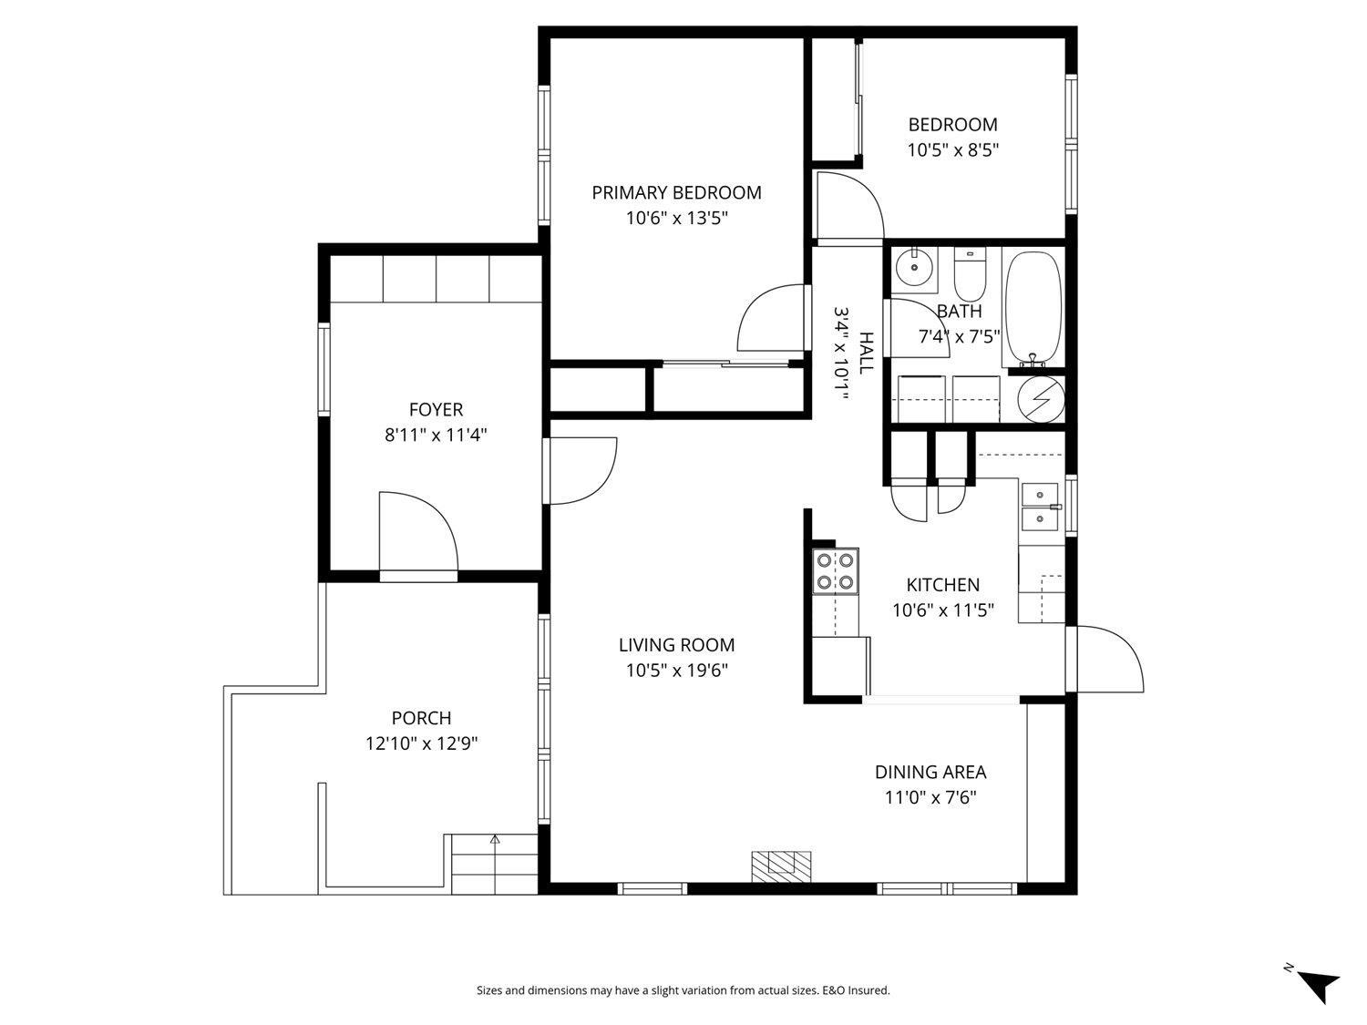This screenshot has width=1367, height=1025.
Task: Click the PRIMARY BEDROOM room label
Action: click(676, 192)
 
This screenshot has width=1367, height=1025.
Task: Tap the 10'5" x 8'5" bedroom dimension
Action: click(952, 150)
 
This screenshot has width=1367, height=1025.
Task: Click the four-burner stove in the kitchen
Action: click(836, 571)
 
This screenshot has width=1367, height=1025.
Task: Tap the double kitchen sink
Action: click(1040, 507)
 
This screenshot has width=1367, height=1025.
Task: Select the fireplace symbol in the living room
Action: click(781, 863)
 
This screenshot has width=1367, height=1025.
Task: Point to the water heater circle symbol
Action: click(1040, 399)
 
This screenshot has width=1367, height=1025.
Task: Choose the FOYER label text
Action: click(436, 410)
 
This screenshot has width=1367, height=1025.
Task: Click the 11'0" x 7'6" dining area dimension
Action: click(930, 798)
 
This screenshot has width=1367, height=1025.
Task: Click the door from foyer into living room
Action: click(581, 469)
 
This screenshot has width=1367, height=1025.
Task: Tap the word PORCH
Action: click(421, 718)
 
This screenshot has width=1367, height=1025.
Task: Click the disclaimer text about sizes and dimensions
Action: click(683, 990)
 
